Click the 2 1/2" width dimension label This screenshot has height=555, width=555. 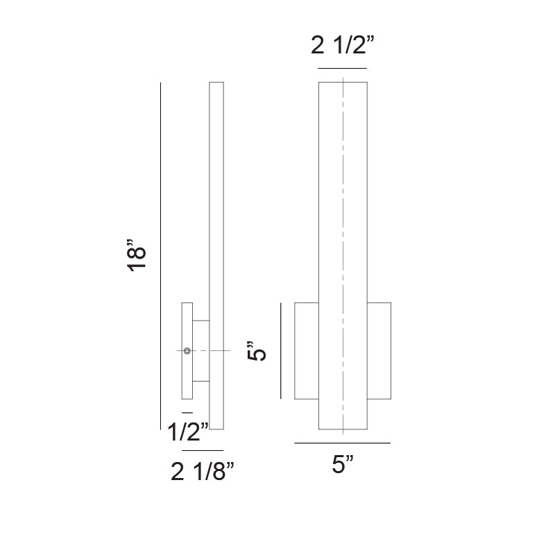(x=343, y=46)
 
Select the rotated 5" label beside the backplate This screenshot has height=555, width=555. (x=257, y=351)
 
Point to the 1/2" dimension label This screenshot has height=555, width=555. (x=187, y=433)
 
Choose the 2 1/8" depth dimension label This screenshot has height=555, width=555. (x=203, y=473)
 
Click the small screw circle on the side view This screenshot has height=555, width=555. (x=187, y=351)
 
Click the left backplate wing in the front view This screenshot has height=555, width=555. (x=307, y=351)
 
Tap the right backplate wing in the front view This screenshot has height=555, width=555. (x=379, y=351)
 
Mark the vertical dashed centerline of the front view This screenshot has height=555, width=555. (x=343, y=208)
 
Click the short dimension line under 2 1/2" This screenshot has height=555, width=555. (x=343, y=69)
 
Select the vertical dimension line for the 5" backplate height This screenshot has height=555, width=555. (x=280, y=351)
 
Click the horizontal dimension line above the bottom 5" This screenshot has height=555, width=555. (x=343, y=443)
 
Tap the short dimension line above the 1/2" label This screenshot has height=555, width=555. (x=187, y=413)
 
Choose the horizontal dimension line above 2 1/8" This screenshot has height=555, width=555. (x=203, y=451)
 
